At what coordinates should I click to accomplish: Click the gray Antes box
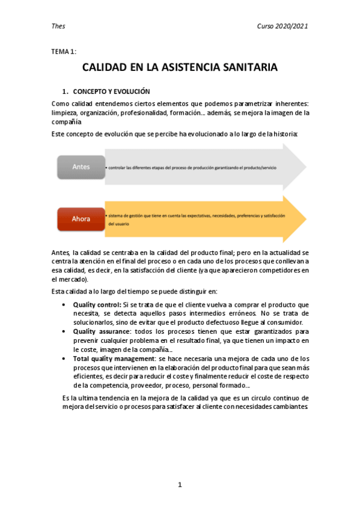(81, 167)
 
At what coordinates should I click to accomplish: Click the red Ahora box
(81, 219)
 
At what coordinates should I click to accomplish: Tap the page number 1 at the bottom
(180, 485)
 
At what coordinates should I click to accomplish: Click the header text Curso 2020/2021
(282, 26)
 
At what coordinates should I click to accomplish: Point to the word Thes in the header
(59, 26)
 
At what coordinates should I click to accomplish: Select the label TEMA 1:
(64, 52)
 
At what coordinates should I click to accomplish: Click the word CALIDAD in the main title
(104, 68)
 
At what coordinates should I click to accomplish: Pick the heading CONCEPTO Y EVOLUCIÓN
(111, 92)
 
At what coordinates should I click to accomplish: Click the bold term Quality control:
(97, 306)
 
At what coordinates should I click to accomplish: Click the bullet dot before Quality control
(64, 306)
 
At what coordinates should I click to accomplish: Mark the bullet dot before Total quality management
(64, 357)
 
